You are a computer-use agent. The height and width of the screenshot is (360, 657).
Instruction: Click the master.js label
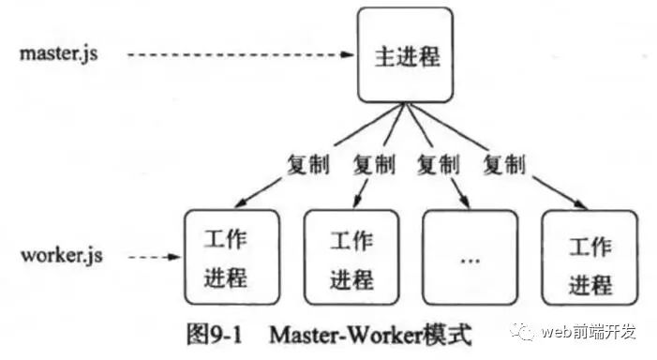click(x=58, y=52)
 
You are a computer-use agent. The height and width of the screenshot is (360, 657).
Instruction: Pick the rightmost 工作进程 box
click(x=590, y=259)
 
